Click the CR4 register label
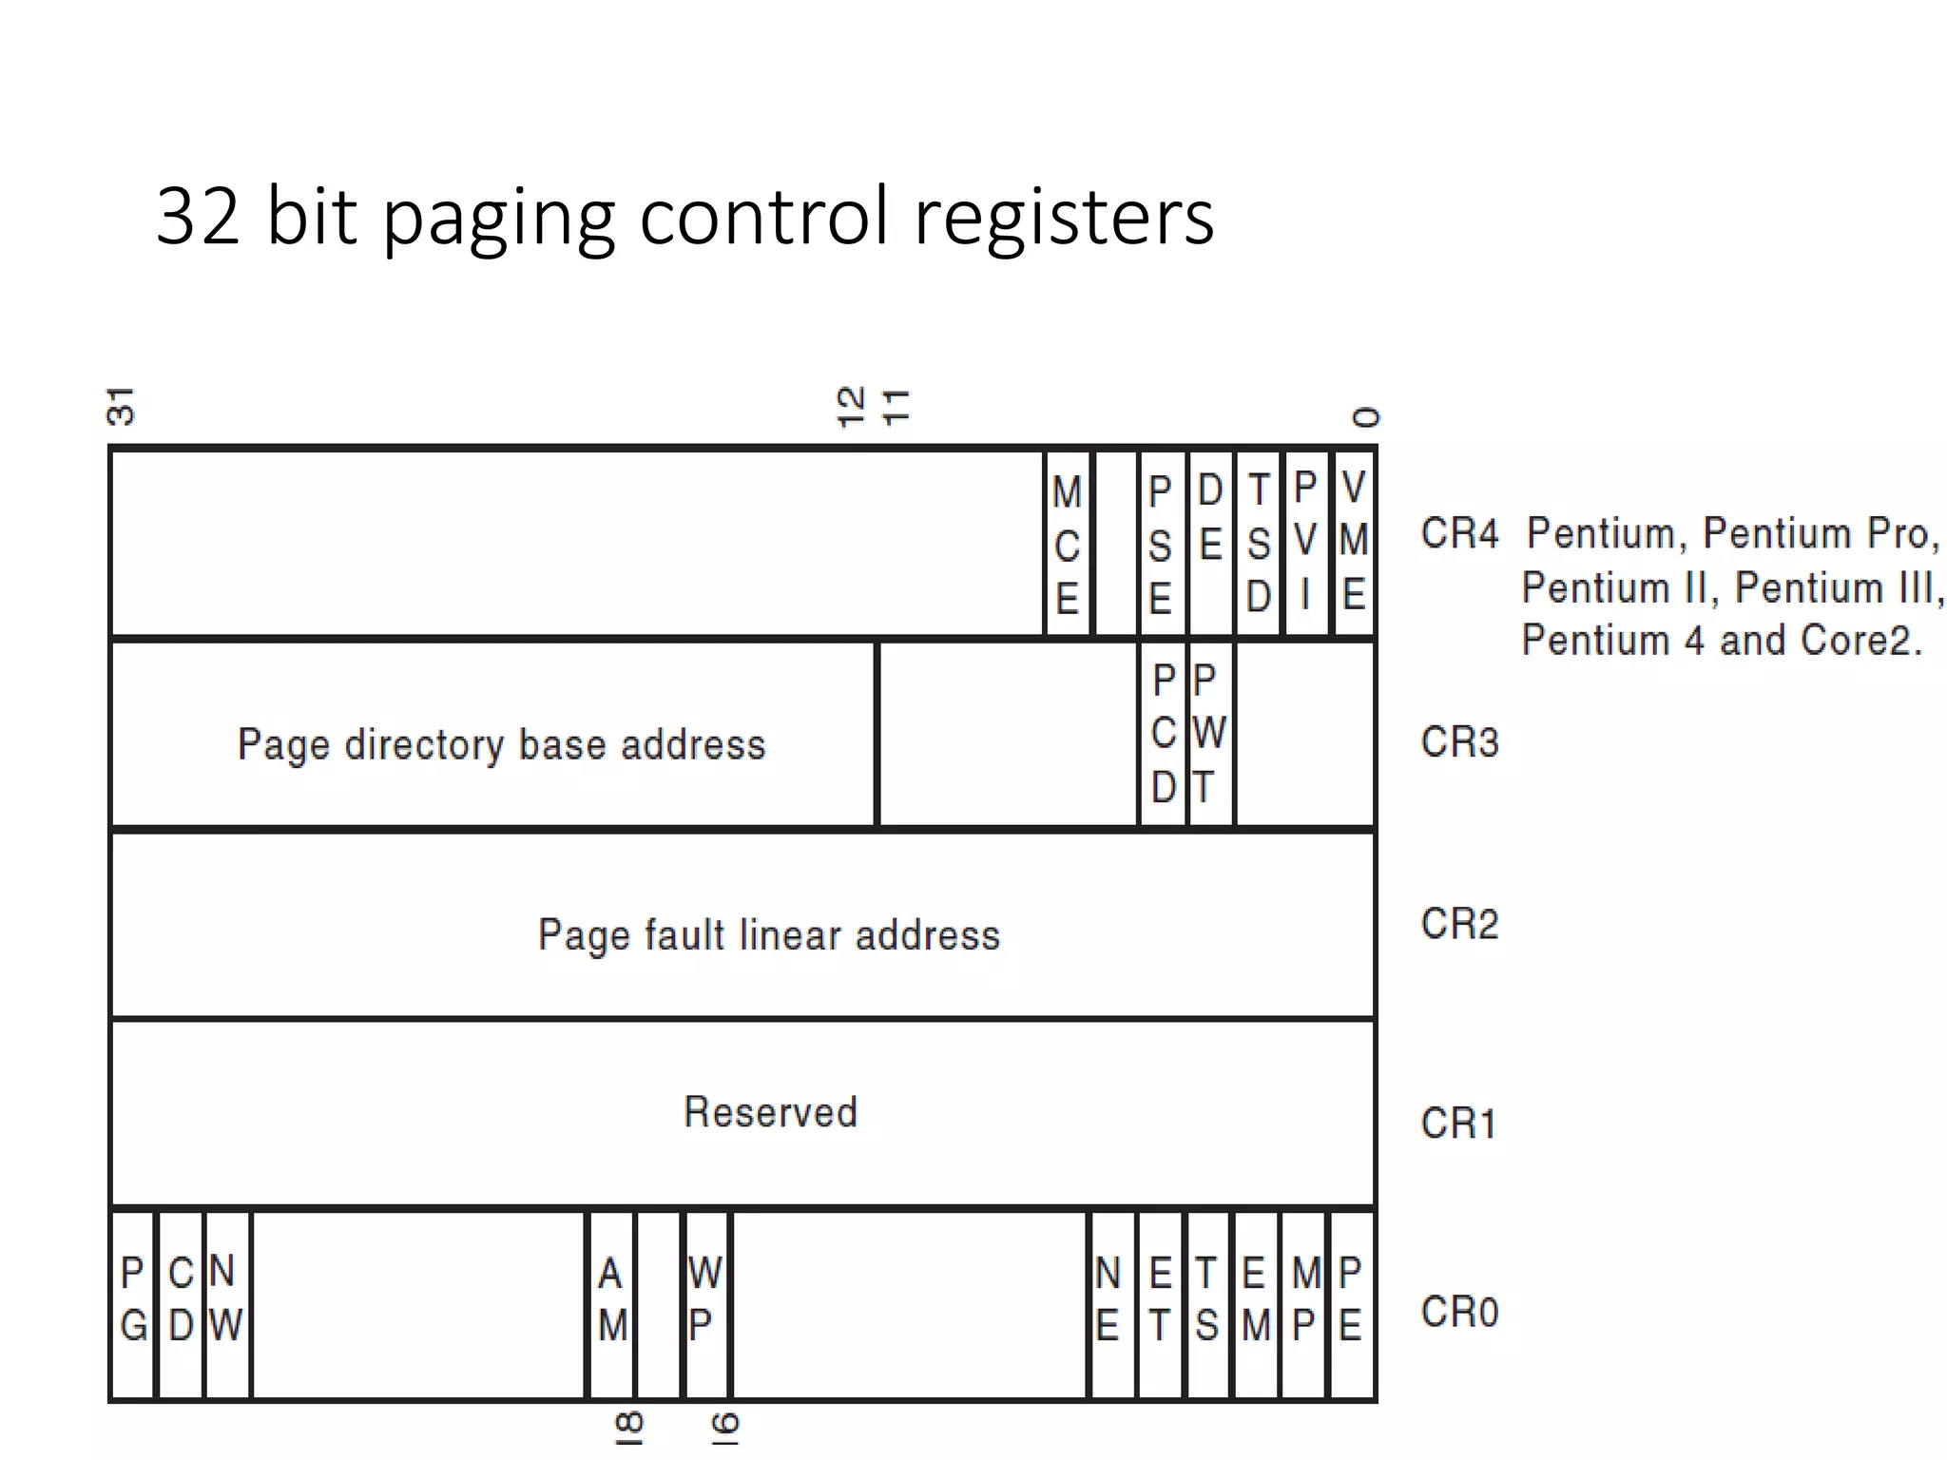(1459, 533)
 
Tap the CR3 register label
(1459, 742)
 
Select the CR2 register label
(1459, 924)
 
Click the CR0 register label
(1459, 1313)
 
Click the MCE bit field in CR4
(1067, 545)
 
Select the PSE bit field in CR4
(1160, 545)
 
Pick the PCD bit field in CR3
(1164, 734)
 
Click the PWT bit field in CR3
(1208, 734)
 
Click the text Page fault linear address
(768, 935)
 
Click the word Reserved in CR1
(770, 1112)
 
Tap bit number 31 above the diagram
(122, 407)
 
